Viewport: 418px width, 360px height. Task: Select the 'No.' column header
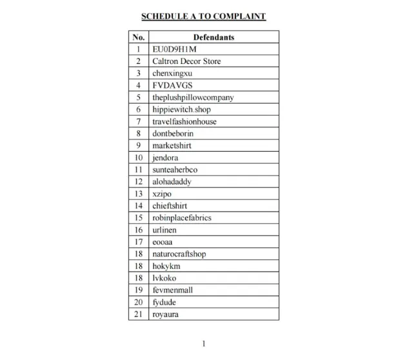pos(138,37)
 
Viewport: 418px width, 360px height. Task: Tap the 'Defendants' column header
pos(214,37)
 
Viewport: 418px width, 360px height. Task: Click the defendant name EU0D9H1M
pos(175,49)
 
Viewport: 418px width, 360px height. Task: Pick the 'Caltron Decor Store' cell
pos(186,61)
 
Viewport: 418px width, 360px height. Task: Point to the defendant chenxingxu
pos(172,74)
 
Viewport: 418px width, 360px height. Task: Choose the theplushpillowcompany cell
pos(193,97)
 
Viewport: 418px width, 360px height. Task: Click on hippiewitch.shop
pos(181,110)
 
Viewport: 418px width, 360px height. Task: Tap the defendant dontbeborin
pos(173,134)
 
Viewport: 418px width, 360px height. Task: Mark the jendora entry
pos(165,157)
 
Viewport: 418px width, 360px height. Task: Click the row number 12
pos(138,182)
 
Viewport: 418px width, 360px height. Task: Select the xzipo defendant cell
pos(162,194)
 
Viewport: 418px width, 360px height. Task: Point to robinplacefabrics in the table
pos(181,218)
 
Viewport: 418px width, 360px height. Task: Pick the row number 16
pos(138,230)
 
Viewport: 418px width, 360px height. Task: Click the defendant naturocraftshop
pos(179,254)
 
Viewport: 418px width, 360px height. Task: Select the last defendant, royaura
pos(166,314)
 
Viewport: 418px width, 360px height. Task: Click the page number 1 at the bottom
pos(204,344)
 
